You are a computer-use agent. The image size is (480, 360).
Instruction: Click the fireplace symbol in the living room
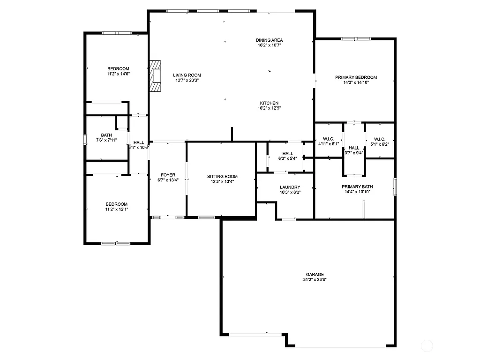pos(155,75)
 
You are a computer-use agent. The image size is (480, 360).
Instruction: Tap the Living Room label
pos(187,75)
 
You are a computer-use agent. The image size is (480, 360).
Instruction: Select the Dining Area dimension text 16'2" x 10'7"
pos(270,45)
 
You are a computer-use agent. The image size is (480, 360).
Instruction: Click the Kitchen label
pos(270,103)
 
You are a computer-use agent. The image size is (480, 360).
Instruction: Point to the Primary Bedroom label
pos(356,77)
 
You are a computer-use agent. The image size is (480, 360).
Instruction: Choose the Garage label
pos(315,275)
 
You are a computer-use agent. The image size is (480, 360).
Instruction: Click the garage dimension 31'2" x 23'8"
pos(315,280)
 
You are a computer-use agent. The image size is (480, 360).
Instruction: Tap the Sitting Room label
pos(222,177)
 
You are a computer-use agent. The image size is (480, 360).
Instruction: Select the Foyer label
pos(168,175)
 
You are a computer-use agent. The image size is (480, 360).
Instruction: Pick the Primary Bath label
pos(357,187)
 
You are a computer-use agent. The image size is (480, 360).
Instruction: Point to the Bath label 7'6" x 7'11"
pos(106,135)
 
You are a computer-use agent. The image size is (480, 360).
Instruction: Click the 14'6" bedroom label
pos(118,68)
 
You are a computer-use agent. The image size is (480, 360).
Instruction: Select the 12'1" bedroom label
pos(116,204)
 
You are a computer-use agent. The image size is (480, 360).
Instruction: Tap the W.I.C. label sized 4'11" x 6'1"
pos(328,139)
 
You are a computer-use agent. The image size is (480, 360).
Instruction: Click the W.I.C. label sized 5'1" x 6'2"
pos(380,139)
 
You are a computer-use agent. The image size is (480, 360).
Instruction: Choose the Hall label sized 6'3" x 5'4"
pos(287,153)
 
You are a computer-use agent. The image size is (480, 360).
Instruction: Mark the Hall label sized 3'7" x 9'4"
pos(354,148)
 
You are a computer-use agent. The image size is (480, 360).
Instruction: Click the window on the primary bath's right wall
pos(395,186)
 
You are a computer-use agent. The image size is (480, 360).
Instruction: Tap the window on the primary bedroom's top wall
pos(355,39)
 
